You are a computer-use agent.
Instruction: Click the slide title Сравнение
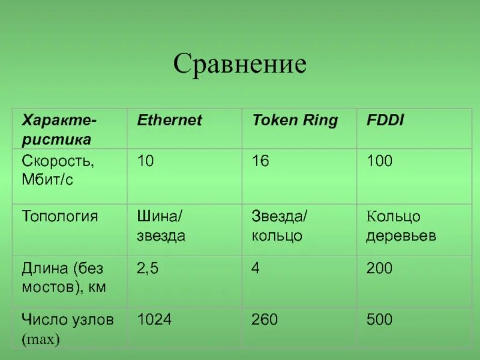pyautogui.click(x=240, y=64)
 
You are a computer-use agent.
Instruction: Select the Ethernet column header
pyautogui.click(x=170, y=120)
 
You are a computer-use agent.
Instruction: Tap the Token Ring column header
pyautogui.click(x=295, y=120)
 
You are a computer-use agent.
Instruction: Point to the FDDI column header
pyautogui.click(x=385, y=120)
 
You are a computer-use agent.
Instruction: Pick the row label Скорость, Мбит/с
pyautogui.click(x=58, y=170)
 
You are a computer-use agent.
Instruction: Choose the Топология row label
pyautogui.click(x=59, y=216)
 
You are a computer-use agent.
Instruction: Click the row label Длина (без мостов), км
pyautogui.click(x=64, y=277)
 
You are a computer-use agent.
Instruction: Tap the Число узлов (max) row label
pyautogui.click(x=68, y=329)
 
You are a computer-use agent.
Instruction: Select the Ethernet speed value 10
pyautogui.click(x=146, y=161)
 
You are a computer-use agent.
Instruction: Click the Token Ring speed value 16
pyautogui.click(x=260, y=161)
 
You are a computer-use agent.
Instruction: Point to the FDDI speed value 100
pyautogui.click(x=379, y=161)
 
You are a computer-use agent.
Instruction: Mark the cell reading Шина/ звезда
pyautogui.click(x=161, y=226)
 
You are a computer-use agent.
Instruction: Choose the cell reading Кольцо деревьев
pyautogui.click(x=401, y=226)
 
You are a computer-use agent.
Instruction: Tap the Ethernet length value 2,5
pyautogui.click(x=148, y=268)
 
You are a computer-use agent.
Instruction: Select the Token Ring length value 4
pyautogui.click(x=256, y=268)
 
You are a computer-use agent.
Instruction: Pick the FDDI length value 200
pyautogui.click(x=379, y=268)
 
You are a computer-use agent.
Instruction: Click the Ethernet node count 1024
pyautogui.click(x=155, y=320)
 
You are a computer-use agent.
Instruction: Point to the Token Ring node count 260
pyautogui.click(x=265, y=320)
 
